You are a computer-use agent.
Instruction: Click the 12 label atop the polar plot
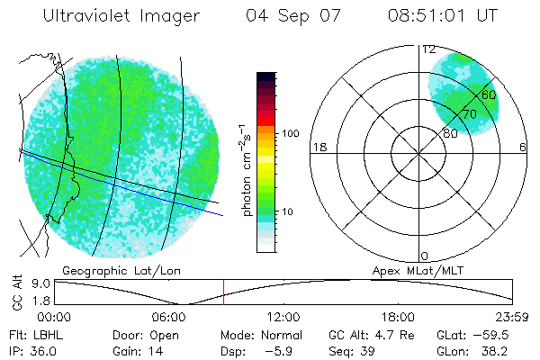click(x=428, y=49)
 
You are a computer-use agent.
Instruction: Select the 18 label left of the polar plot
click(x=318, y=147)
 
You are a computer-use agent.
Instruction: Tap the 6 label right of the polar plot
click(x=523, y=147)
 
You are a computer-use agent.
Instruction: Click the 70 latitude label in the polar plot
click(x=469, y=114)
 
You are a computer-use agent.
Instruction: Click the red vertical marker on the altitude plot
click(x=223, y=292)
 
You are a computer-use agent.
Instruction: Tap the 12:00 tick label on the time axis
click(x=283, y=317)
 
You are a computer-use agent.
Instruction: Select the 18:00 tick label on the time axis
click(x=398, y=317)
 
